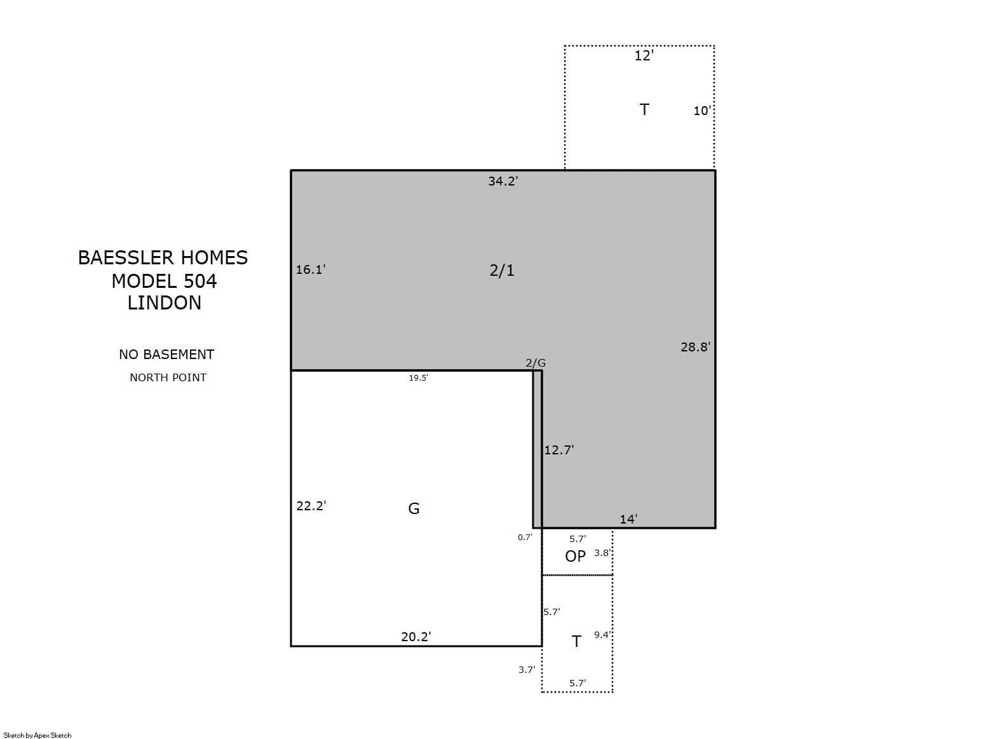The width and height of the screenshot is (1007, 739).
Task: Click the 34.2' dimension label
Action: click(503, 181)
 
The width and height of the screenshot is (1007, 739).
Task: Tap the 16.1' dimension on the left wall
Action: click(311, 269)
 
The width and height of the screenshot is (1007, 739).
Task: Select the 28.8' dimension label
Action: click(696, 347)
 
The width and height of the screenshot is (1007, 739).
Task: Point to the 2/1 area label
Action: click(502, 270)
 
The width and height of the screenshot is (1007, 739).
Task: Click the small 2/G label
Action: click(536, 363)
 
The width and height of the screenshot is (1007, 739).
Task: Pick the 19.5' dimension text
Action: click(418, 378)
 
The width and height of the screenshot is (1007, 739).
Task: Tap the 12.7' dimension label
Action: click(559, 450)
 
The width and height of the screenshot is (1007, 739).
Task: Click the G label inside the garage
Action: click(414, 508)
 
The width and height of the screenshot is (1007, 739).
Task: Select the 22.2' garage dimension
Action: click(311, 506)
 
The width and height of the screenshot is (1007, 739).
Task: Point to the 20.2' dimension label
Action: click(416, 637)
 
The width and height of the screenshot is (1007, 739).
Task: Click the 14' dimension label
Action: click(628, 519)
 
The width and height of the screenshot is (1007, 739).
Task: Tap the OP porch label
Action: click(576, 557)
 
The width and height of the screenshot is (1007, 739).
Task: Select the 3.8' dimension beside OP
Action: click(602, 553)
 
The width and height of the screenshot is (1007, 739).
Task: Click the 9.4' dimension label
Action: click(602, 635)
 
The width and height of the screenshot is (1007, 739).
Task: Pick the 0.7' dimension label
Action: click(525, 537)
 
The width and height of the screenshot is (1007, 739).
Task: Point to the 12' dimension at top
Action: click(644, 56)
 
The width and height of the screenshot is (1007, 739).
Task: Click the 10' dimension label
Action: click(702, 111)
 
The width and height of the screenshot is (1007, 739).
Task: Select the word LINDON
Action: click(165, 303)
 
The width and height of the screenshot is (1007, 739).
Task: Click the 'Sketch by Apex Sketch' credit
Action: click(37, 735)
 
